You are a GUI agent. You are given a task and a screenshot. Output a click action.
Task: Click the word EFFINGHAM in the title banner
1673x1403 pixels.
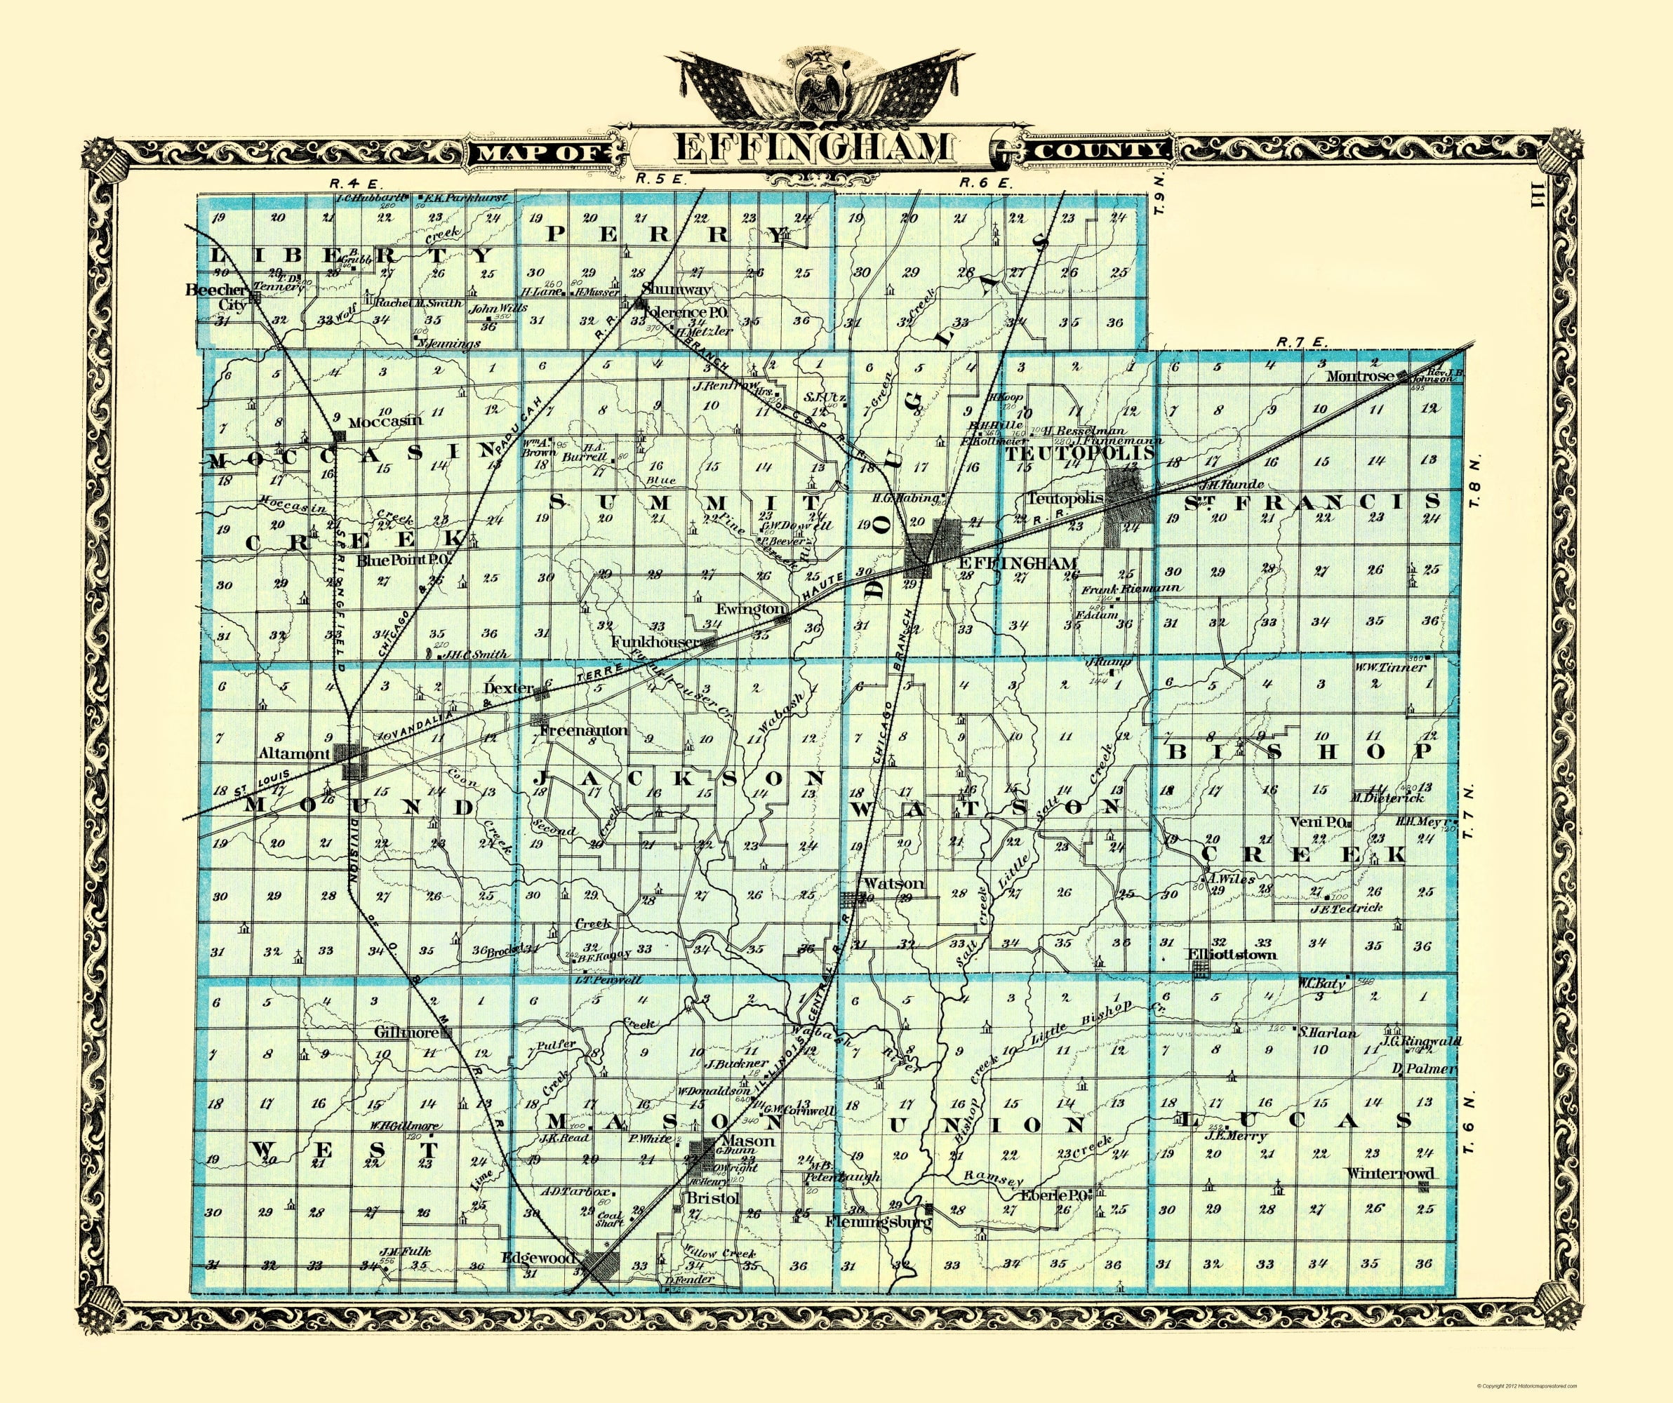(x=812, y=148)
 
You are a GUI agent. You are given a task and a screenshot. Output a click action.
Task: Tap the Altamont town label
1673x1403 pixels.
(x=294, y=753)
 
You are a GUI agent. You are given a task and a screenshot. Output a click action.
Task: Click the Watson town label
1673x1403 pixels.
(x=894, y=883)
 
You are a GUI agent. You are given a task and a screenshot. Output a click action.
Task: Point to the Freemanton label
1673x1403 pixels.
(x=584, y=730)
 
